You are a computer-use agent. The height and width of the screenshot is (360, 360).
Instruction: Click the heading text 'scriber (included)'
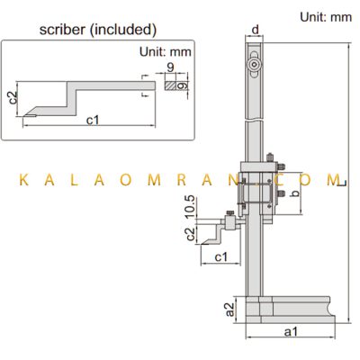(98, 30)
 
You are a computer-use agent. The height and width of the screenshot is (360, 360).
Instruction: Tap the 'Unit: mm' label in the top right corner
(326, 17)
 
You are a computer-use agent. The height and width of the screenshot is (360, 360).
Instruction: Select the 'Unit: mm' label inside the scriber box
(166, 51)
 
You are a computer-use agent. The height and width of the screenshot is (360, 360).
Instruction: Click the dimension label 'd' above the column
(255, 30)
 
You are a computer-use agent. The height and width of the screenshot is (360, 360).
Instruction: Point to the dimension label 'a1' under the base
(291, 331)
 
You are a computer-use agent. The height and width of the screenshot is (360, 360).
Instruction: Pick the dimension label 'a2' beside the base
(229, 310)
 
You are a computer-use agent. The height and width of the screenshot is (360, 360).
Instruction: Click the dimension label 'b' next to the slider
(296, 193)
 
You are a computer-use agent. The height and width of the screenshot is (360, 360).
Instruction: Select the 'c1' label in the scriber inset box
(93, 120)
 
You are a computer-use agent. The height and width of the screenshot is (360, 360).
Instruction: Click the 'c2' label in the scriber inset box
(13, 97)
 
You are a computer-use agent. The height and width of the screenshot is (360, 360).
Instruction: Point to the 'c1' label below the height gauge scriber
(221, 257)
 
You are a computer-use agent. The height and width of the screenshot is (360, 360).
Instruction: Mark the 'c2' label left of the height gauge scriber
(191, 234)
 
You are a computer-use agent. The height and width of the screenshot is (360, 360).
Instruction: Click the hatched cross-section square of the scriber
(170, 85)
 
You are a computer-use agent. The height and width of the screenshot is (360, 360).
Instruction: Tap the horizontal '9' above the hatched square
(170, 67)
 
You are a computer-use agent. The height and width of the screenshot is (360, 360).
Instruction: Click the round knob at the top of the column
(255, 65)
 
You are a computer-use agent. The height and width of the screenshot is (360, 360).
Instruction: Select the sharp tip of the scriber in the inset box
(23, 116)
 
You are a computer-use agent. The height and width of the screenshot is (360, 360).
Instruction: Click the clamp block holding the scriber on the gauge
(230, 222)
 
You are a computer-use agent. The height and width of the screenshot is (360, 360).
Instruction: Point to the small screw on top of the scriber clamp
(230, 212)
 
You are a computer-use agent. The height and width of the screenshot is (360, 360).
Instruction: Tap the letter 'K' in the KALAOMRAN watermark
(24, 180)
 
